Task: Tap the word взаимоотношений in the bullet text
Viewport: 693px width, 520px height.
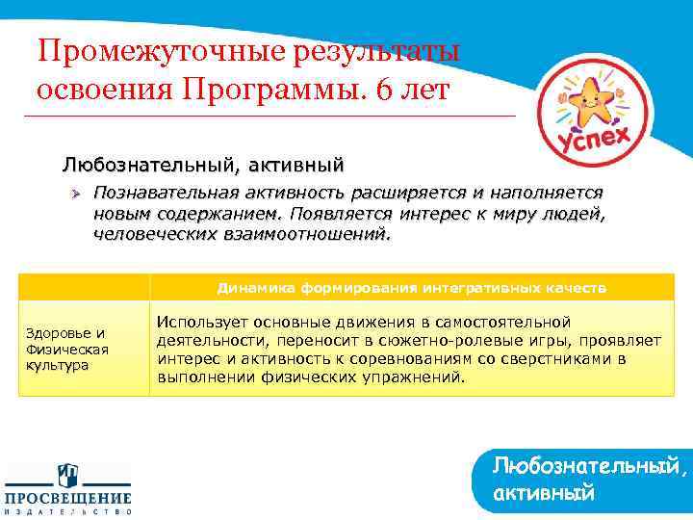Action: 307,233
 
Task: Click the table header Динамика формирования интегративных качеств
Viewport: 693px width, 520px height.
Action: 411,287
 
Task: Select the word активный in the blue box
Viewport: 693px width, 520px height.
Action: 543,494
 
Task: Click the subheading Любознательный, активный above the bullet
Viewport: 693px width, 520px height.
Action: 202,162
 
